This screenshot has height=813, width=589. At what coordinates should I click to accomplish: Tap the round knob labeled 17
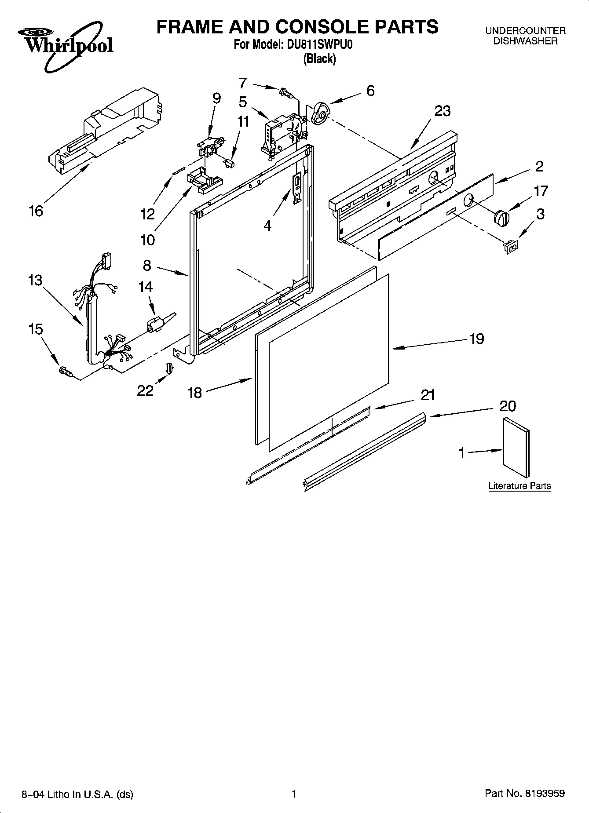click(x=501, y=217)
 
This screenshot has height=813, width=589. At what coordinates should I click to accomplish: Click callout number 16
click(x=36, y=211)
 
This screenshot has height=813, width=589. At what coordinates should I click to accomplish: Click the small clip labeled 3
click(x=511, y=247)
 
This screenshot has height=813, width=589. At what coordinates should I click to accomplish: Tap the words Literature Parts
click(x=519, y=486)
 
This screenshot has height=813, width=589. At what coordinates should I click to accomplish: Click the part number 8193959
click(x=544, y=794)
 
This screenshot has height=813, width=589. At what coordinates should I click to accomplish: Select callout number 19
click(x=476, y=339)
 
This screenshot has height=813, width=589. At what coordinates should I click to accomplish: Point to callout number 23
click(x=442, y=111)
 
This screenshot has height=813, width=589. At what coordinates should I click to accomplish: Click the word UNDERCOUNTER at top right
click(x=525, y=31)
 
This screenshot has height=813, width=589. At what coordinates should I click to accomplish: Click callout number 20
click(x=507, y=405)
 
